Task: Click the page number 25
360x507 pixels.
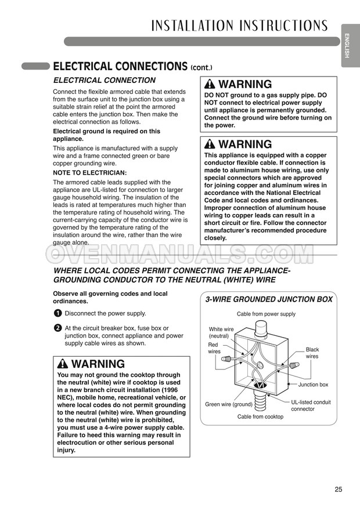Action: tap(338, 489)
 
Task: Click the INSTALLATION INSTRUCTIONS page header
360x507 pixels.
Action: tap(239, 26)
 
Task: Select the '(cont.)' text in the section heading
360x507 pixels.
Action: tap(205, 67)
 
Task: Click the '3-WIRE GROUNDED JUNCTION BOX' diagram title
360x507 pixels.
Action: tap(269, 299)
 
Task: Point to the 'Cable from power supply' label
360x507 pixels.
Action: tap(266, 314)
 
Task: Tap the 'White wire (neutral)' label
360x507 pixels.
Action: tap(221, 332)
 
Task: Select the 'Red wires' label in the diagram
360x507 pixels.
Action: tap(214, 348)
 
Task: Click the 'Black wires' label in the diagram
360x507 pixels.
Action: tap(312, 353)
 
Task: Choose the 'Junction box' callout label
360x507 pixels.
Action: tap(313, 385)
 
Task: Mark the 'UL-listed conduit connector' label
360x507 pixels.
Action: tap(311, 405)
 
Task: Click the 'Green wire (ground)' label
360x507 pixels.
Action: tap(228, 404)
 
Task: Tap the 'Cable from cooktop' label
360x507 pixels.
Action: tap(260, 417)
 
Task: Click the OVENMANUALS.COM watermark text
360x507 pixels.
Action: tap(180, 253)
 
